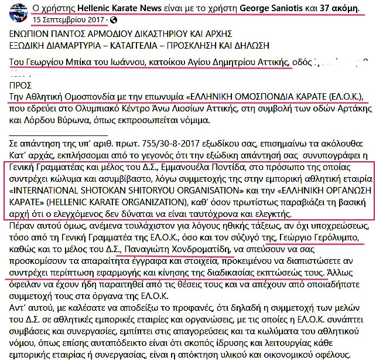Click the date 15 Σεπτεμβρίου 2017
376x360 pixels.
pyautogui.click(x=70, y=20)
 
